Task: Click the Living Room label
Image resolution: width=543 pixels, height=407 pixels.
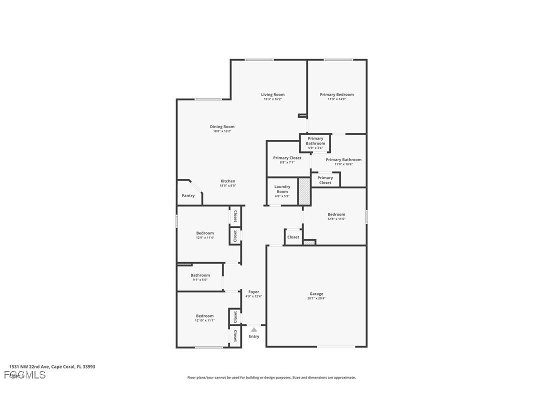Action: (x=272, y=94)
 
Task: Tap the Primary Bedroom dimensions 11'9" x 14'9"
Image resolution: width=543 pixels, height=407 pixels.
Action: (x=336, y=99)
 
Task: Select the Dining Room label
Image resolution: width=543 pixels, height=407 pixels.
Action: (x=222, y=126)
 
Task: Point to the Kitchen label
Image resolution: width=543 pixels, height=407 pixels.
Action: (x=227, y=181)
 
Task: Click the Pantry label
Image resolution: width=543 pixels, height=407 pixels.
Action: (x=188, y=195)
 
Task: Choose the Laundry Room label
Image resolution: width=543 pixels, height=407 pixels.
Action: (x=282, y=189)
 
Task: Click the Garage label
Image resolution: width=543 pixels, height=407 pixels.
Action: (x=316, y=294)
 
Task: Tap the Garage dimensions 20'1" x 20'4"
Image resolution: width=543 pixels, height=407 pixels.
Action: (x=316, y=298)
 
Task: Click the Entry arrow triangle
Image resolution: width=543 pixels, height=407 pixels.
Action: (x=254, y=329)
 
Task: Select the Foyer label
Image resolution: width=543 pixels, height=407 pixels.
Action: (x=253, y=292)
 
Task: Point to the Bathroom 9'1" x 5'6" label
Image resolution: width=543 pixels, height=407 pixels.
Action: (x=200, y=275)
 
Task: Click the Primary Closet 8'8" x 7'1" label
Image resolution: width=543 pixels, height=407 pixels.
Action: (x=287, y=158)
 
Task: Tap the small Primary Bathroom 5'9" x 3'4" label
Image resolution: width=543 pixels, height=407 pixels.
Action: (x=315, y=141)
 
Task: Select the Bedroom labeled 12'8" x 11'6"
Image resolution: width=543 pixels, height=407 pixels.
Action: (x=336, y=214)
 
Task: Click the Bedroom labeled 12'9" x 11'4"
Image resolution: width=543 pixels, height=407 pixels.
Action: (x=205, y=233)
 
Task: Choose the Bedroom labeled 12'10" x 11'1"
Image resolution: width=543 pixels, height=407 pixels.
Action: (x=204, y=316)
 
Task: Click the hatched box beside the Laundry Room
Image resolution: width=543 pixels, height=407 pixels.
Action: (x=304, y=191)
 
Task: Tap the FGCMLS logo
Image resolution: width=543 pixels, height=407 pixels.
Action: (x=24, y=375)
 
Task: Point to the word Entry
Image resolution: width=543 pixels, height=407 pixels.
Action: (x=254, y=336)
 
